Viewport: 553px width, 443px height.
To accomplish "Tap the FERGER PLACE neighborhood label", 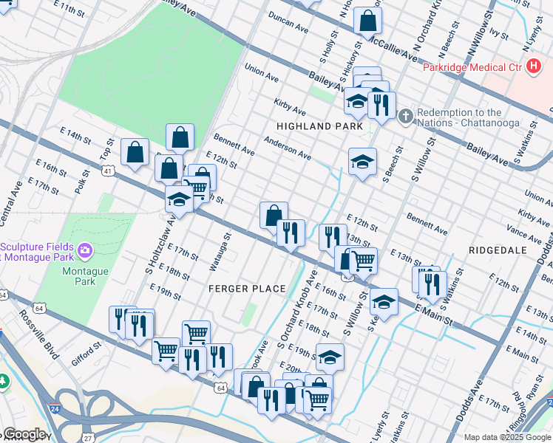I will (246, 288).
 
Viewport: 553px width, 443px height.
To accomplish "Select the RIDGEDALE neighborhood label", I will (498, 250).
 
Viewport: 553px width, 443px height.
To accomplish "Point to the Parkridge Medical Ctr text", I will (472, 68).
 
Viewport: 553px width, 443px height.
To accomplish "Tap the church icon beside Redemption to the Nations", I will (404, 117).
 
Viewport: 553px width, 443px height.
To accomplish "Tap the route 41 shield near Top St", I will (108, 171).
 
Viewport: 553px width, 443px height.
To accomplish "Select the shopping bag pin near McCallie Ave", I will (367, 21).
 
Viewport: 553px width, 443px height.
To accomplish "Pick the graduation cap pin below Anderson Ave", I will (362, 162).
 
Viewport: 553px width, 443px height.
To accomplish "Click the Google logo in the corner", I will (24, 435).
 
